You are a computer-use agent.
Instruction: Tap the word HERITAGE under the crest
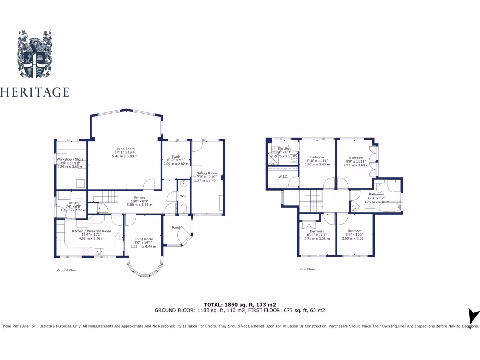point(35,92)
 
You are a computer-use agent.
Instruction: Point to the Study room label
point(176,157)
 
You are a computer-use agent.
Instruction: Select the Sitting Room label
point(207,173)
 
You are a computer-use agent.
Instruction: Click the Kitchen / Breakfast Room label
point(91,231)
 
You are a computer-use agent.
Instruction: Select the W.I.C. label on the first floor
point(283,177)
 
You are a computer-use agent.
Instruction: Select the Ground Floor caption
point(67,270)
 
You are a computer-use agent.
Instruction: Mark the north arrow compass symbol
point(473,316)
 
